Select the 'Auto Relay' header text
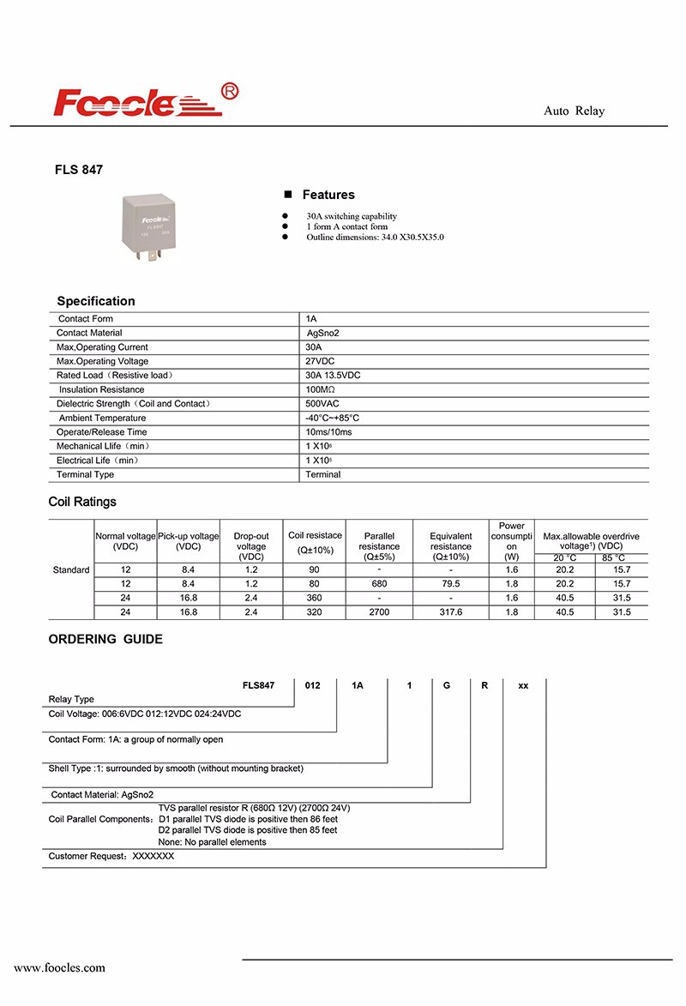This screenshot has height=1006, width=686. [574, 111]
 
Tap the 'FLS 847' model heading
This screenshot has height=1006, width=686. [79, 170]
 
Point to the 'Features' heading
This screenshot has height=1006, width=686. [328, 195]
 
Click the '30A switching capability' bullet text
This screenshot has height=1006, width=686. [352, 216]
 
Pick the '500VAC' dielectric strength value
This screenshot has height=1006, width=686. [323, 403]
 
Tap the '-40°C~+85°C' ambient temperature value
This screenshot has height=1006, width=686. [333, 418]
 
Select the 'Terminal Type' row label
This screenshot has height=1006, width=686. [85, 474]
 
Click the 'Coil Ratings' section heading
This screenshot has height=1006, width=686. [82, 502]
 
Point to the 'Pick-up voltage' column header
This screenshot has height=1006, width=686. [188, 541]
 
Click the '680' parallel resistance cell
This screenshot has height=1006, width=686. [379, 583]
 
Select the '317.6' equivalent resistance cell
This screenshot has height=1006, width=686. [450, 611]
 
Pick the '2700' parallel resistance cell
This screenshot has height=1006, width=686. [379, 611]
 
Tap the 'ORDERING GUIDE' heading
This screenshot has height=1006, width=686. [105, 639]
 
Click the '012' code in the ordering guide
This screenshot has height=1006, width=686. [313, 686]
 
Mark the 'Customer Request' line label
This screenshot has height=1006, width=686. [87, 856]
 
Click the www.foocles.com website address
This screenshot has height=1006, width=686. [59, 967]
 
